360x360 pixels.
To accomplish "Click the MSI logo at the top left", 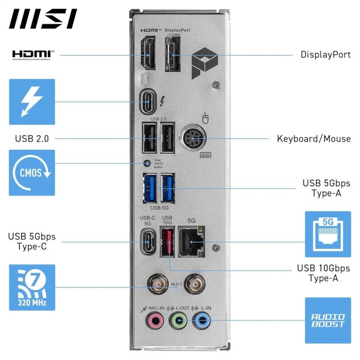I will (43, 19).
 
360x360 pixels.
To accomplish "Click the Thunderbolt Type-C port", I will (149, 102).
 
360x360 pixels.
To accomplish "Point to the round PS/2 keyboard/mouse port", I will (190, 138).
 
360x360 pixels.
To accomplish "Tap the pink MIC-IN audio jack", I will (153, 321).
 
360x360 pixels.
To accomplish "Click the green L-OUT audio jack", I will (177, 321).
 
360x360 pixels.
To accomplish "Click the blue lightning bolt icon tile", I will (32, 102).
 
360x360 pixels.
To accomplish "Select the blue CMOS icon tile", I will (32, 172).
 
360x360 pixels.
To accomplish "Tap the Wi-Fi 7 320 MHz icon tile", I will (32, 287).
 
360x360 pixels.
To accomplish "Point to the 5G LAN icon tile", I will (328, 234).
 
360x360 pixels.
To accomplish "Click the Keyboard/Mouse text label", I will (314, 138).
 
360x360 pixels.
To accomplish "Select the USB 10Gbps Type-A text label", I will (323, 273).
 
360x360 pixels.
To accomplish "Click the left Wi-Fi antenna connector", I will (154, 283).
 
